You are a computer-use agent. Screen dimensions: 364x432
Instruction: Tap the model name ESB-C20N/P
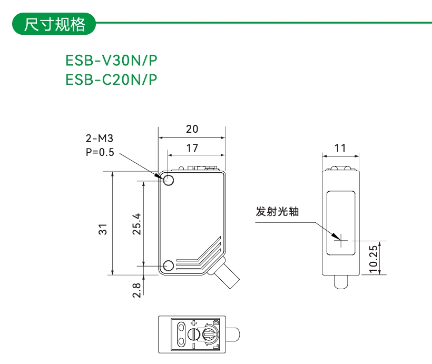coord(111,80)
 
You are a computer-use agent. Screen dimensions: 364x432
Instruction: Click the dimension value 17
coord(192,148)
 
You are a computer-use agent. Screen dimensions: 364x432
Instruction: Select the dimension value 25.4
coord(136,223)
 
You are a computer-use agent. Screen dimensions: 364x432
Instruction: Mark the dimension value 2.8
coord(136,290)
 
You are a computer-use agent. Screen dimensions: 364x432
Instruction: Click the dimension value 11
coord(340,148)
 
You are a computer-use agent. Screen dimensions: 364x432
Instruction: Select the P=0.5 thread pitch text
coord(100,153)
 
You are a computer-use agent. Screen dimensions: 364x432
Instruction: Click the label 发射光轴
coord(277,212)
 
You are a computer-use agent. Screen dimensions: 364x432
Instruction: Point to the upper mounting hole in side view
coord(169,180)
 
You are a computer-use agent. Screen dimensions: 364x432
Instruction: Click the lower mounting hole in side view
coord(169,265)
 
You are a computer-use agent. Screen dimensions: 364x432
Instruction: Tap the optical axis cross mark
coord(341,241)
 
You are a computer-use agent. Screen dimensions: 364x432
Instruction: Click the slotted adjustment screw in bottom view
coord(193,334)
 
